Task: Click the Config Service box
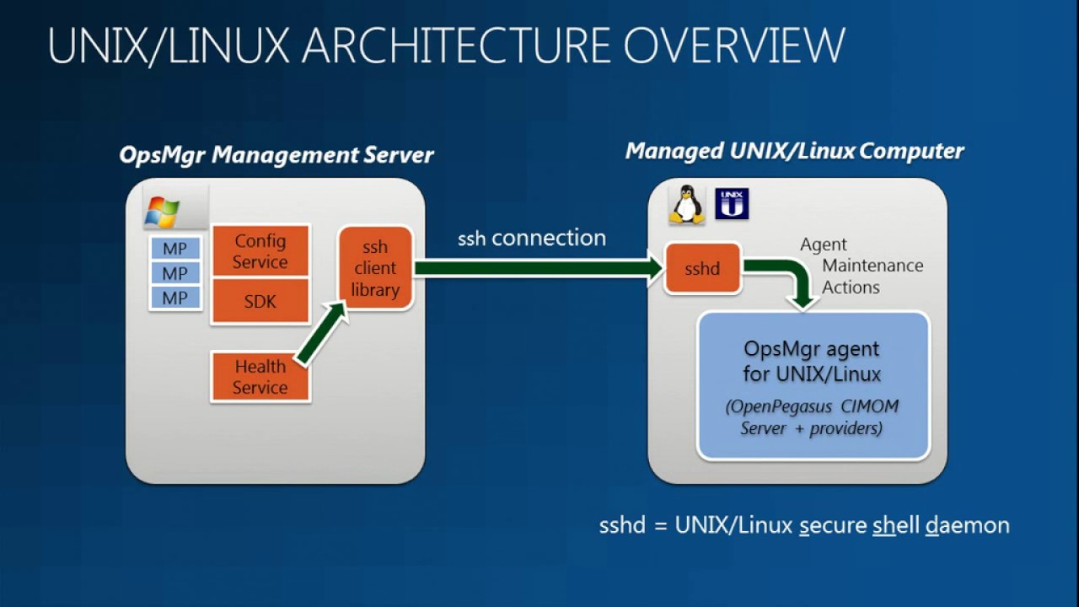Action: pyautogui.click(x=260, y=251)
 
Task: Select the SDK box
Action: pyautogui.click(x=260, y=301)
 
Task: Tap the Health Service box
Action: pyautogui.click(x=260, y=377)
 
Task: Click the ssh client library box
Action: pyautogui.click(x=375, y=268)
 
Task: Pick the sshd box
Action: pyautogui.click(x=702, y=269)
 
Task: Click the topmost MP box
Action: pyautogui.click(x=175, y=249)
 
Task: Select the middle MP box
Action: pyautogui.click(x=175, y=273)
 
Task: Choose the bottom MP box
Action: pyautogui.click(x=175, y=298)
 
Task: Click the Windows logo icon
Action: pyautogui.click(x=162, y=212)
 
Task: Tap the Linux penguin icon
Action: pyautogui.click(x=687, y=205)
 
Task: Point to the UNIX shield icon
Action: pyautogui.click(x=732, y=204)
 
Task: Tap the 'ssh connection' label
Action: pyautogui.click(x=532, y=239)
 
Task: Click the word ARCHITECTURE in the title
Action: pyautogui.click(x=455, y=46)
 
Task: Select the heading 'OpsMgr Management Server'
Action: pyautogui.click(x=276, y=155)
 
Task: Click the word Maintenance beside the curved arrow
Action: pyautogui.click(x=872, y=266)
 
